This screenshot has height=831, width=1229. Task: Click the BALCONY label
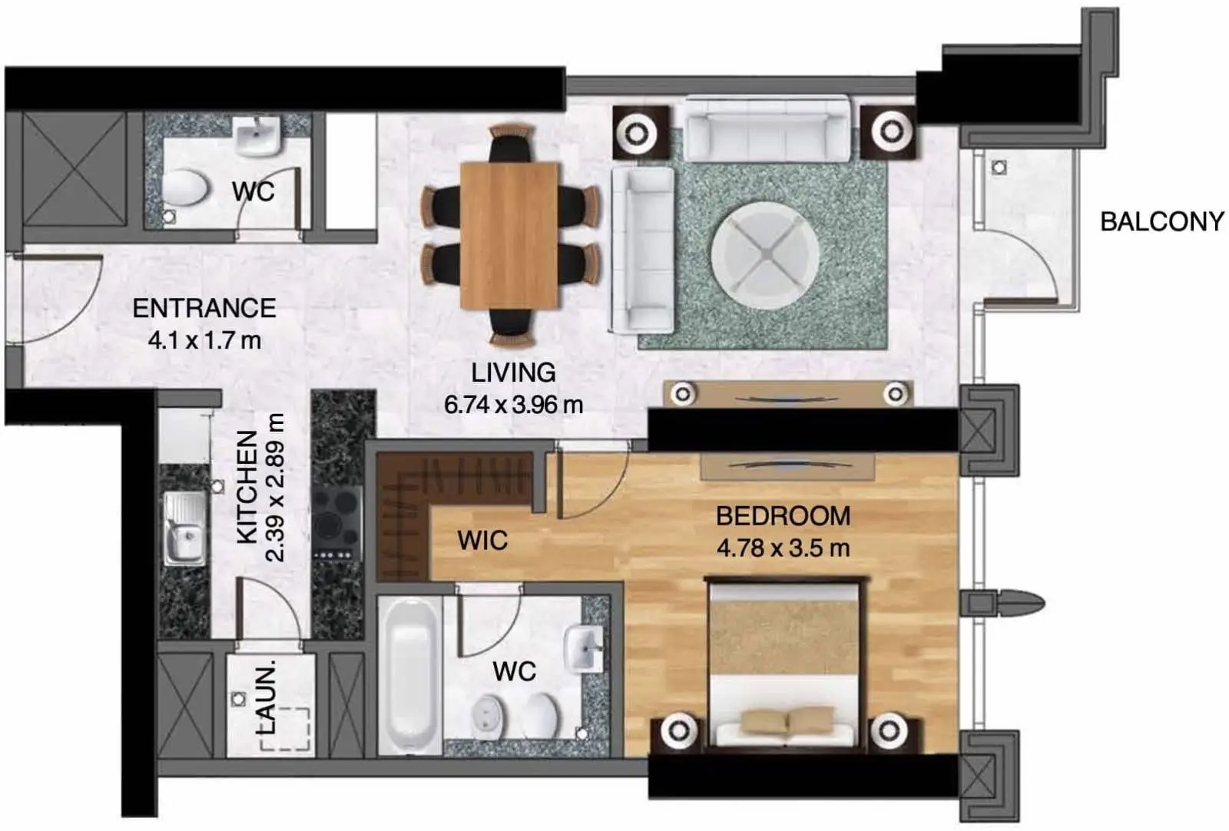point(1162,222)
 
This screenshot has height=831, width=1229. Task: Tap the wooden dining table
point(510,235)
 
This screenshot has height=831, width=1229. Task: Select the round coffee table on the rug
point(765,257)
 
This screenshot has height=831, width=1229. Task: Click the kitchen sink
point(185,528)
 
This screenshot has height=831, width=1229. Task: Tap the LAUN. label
point(266,697)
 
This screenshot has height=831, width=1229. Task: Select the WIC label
point(483,541)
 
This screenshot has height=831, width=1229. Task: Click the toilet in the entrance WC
point(185,187)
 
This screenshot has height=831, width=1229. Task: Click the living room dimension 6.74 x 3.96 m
point(514,406)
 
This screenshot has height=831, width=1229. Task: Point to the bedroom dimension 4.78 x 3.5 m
point(783,548)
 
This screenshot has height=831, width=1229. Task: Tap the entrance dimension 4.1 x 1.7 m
point(204,341)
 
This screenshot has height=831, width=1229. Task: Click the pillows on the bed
point(787,720)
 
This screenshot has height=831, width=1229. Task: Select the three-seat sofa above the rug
point(767,129)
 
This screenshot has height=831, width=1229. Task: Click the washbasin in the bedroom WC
point(585,649)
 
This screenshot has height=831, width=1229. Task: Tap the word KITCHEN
point(247,488)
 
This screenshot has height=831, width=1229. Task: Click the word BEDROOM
point(783,516)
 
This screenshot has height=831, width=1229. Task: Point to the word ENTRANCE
point(204,308)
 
